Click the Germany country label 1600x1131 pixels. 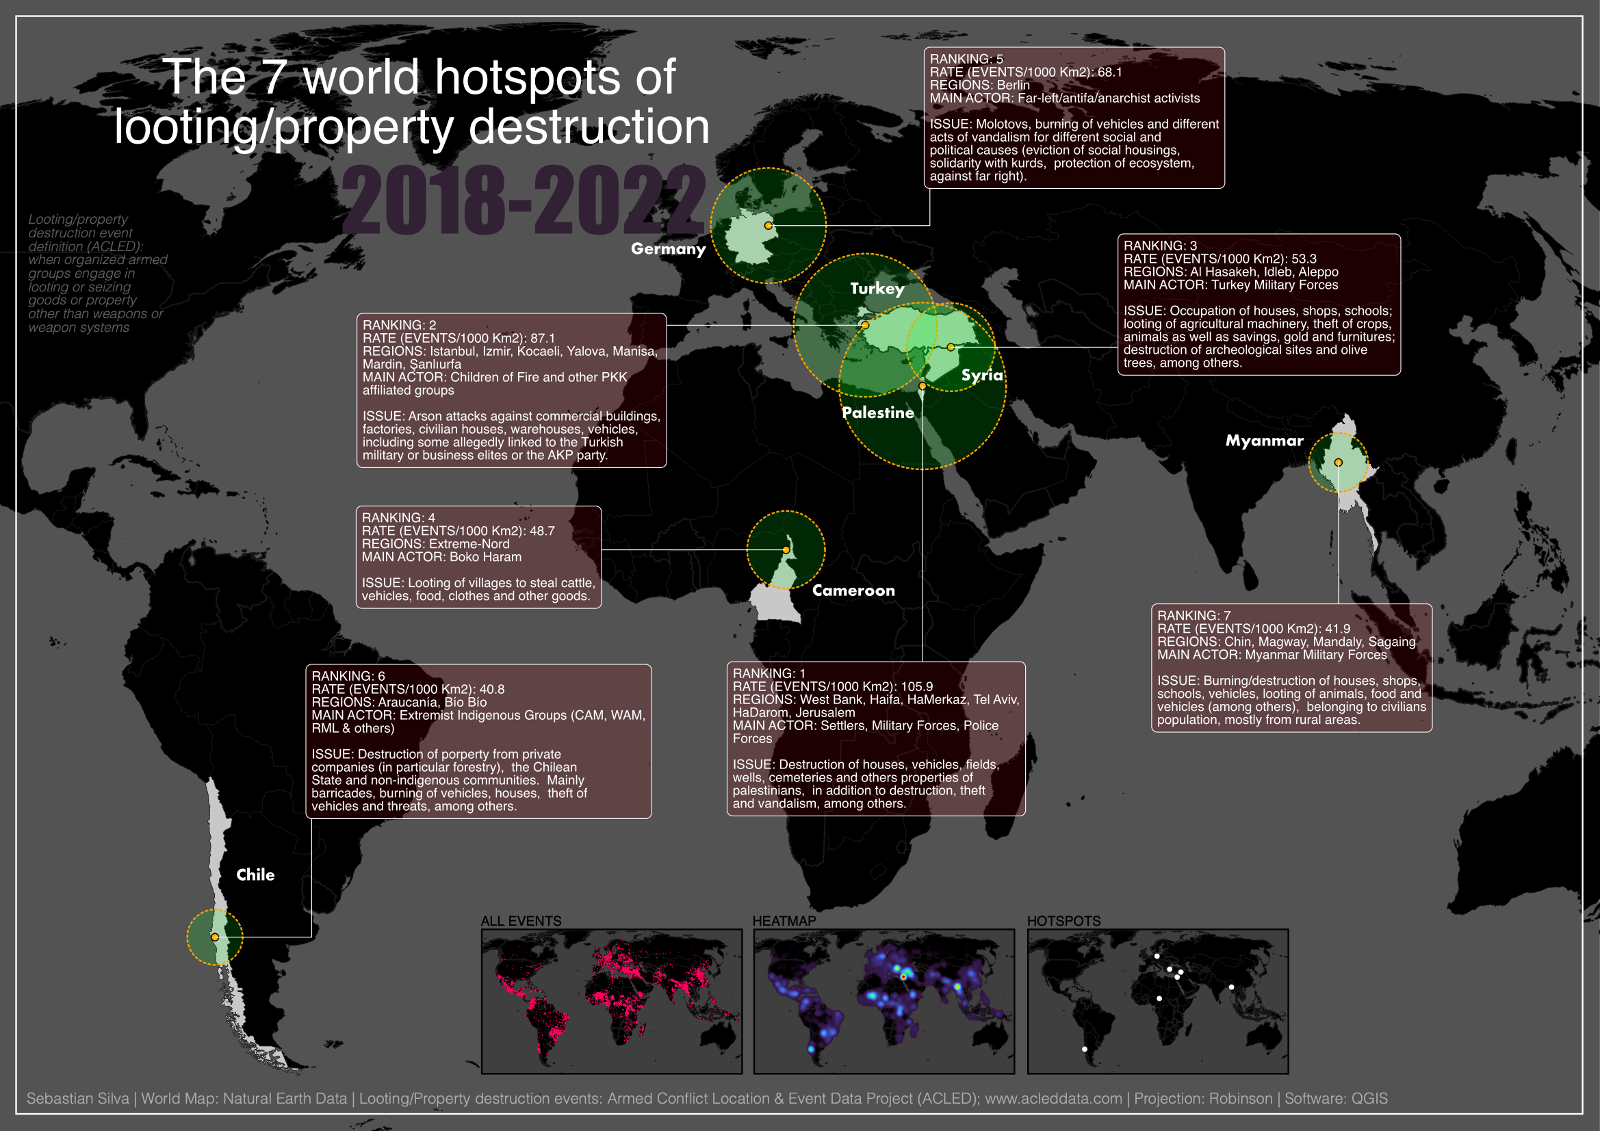click(x=668, y=249)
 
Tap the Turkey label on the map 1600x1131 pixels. click(x=877, y=289)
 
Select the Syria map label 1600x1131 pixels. click(x=982, y=375)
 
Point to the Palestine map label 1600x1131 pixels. click(x=877, y=413)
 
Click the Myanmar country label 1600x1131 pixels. click(x=1264, y=441)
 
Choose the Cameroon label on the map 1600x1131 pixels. click(x=853, y=590)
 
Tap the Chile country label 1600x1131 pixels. click(x=255, y=874)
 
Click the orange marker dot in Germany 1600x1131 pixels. click(x=768, y=225)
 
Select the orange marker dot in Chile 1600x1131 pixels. click(x=215, y=937)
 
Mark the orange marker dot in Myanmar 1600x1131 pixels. click(x=1338, y=462)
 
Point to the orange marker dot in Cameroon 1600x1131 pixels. click(x=786, y=550)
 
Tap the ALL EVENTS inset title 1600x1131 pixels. click(x=521, y=920)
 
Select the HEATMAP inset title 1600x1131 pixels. click(x=784, y=920)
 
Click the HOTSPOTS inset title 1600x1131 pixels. click(x=1063, y=920)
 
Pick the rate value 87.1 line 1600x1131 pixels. click(x=459, y=338)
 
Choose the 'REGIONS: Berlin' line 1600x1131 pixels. click(x=979, y=85)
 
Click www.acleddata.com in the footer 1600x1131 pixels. click(x=1053, y=1098)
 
